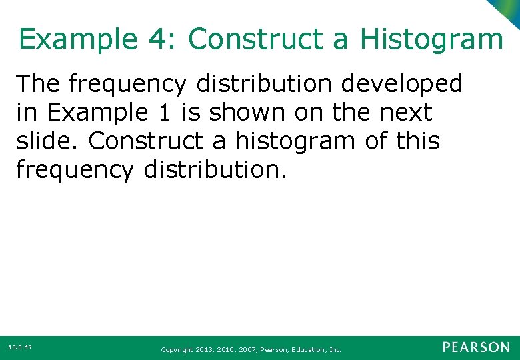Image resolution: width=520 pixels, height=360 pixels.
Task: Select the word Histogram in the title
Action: tap(431, 39)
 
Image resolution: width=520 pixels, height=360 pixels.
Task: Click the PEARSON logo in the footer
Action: tap(476, 347)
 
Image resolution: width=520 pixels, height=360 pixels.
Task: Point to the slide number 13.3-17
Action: tap(20, 347)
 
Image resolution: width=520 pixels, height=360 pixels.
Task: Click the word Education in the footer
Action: tap(307, 349)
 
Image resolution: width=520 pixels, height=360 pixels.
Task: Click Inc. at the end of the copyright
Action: tap(335, 349)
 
